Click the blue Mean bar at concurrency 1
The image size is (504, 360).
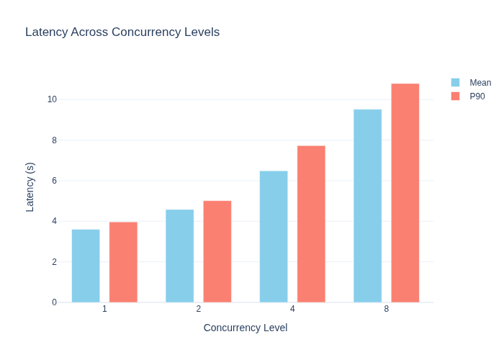86,266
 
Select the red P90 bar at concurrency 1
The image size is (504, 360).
123,262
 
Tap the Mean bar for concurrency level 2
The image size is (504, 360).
180,256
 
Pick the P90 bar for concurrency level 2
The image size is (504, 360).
217,252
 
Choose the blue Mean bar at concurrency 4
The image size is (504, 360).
274,237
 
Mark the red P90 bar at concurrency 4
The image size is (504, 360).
311,224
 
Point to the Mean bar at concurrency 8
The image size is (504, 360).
368,206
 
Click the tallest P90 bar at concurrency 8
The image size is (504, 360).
405,193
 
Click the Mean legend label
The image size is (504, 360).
480,83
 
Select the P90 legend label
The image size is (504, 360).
477,96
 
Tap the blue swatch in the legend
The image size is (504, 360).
456,83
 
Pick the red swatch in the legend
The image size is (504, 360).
456,96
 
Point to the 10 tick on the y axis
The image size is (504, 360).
52,99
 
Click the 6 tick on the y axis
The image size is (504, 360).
54,181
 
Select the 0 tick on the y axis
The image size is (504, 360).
54,302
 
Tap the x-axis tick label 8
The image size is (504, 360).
387,309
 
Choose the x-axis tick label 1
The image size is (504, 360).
104,309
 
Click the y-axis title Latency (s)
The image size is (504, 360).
30,187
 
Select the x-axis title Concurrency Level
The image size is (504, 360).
246,328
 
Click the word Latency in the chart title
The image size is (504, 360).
47,32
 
